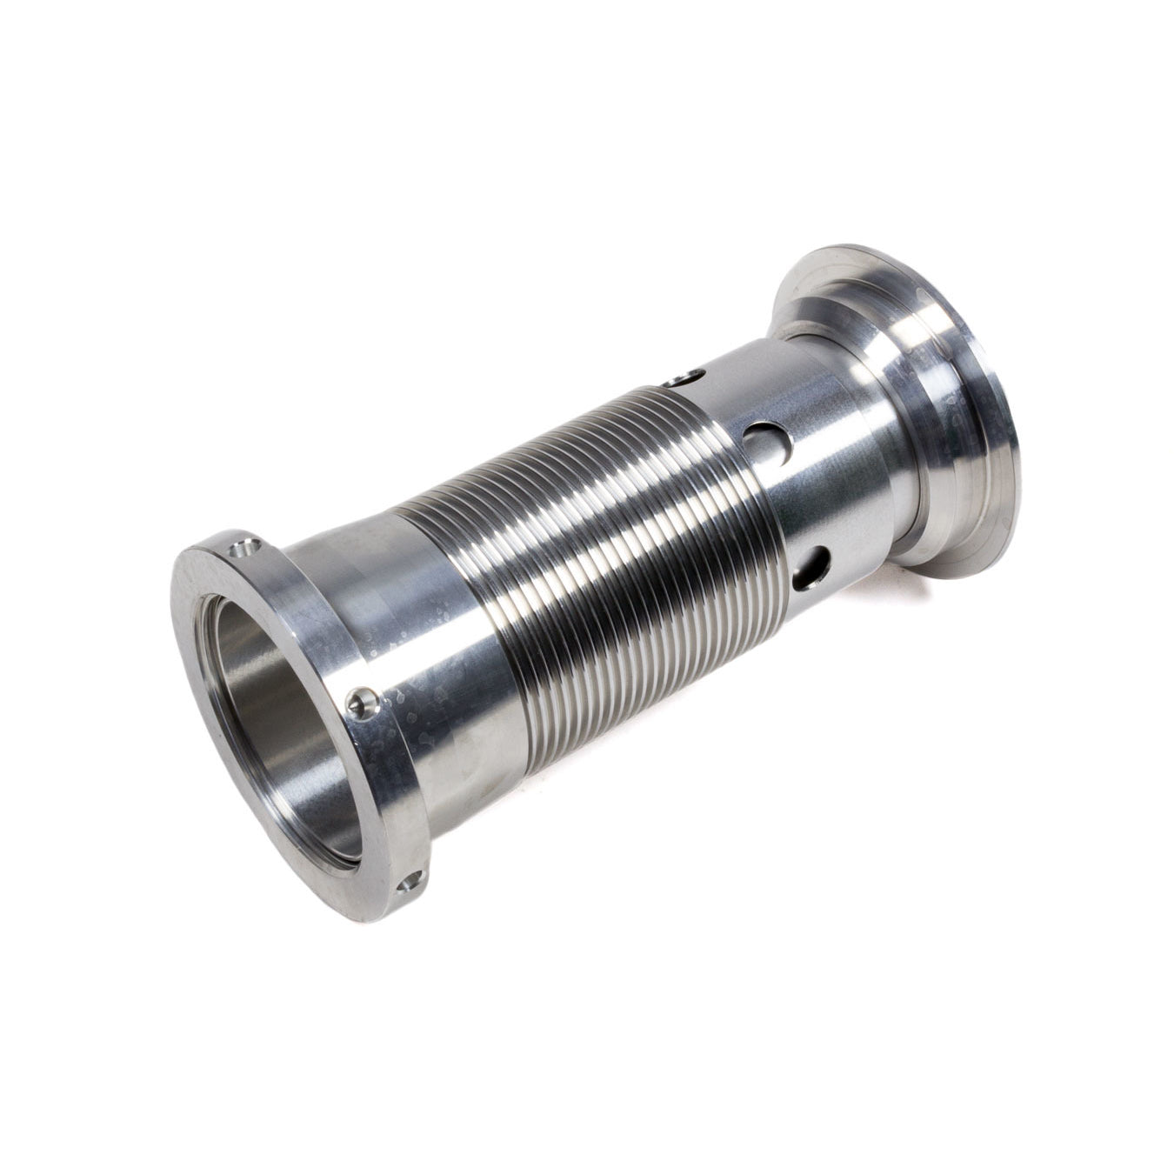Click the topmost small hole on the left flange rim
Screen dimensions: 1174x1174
pos(244,549)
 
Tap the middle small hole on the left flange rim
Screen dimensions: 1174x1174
pos(362,701)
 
